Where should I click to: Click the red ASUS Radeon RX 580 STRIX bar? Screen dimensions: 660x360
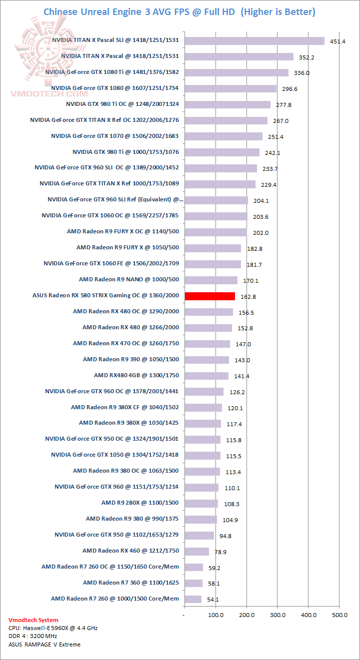coord(209,296)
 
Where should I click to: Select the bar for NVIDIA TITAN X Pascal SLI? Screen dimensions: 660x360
coord(254,40)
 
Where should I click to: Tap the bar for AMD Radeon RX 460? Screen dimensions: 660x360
coord(196,551)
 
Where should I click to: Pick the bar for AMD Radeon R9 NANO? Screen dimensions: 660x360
coord(211,280)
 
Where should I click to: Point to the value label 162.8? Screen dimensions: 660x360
coord(248,297)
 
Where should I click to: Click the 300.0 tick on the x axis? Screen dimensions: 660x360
coord(277,615)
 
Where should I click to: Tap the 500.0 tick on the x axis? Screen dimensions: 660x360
coord(339,615)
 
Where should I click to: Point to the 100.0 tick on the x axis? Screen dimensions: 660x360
coord(215,615)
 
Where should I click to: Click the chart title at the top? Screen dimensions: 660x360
coord(179,11)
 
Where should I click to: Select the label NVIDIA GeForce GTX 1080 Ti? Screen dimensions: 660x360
coord(112,72)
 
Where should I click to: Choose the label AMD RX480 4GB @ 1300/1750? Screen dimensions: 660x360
coord(136,375)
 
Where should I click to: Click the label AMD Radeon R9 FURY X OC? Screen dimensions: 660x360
coord(123,231)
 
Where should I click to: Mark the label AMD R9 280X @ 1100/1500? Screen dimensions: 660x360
coord(140,503)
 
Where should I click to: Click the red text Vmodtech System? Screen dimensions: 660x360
coord(33,620)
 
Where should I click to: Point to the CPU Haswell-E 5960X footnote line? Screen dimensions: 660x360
coord(53,628)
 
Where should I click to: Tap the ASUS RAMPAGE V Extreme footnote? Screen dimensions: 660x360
coord(44,644)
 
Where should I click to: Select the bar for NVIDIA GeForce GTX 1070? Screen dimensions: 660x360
coord(223,136)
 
